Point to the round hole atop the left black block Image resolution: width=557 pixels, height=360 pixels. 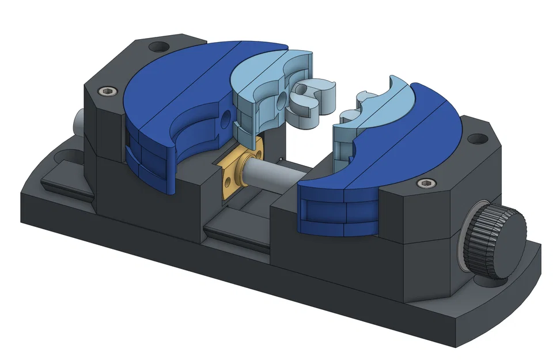click(x=157, y=47)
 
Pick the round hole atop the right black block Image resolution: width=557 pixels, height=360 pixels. click(x=476, y=139)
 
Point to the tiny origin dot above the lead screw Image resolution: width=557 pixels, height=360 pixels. click(x=281, y=158)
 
